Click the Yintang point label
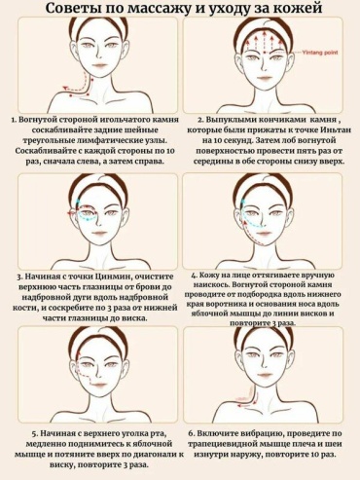coord(320,52)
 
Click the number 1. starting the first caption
coord(14,120)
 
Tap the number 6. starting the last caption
coord(191,433)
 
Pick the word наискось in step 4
coord(207,284)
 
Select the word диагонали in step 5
coord(155,454)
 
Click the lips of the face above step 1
coord(99,66)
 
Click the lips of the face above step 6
coord(265,375)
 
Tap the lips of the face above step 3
coord(99,234)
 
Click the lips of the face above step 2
coord(265,77)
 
